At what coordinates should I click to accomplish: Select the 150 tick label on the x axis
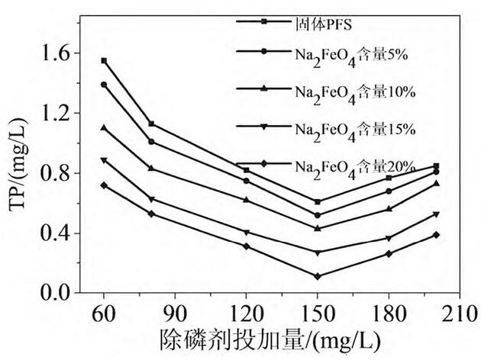coord(317,313)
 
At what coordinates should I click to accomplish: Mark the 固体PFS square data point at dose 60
coord(104,60)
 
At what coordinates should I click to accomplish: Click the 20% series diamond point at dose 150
coord(317,276)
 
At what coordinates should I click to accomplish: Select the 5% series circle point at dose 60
coord(104,85)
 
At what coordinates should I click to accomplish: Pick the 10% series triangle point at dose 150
coord(317,228)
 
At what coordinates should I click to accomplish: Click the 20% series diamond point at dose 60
coord(104,185)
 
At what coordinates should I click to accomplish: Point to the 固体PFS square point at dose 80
coord(151,124)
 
